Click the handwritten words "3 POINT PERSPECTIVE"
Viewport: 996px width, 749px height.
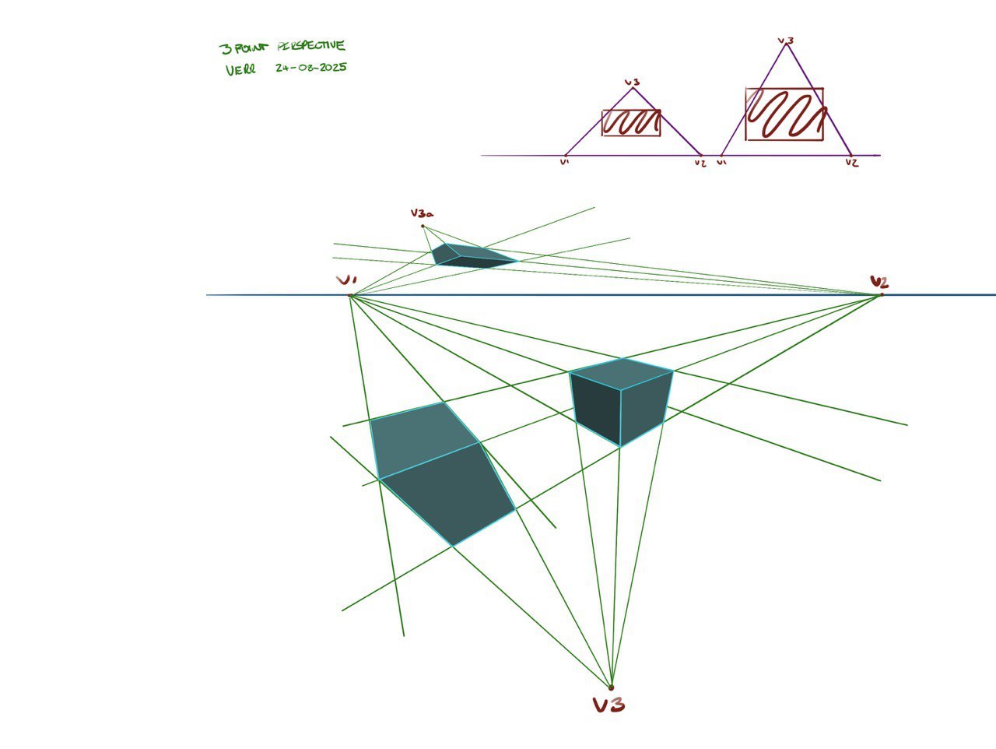click(282, 47)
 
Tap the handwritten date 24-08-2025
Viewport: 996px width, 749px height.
click(310, 68)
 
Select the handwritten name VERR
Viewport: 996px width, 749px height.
click(240, 70)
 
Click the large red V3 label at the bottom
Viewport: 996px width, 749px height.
click(608, 705)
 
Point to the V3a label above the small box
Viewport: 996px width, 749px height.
click(422, 213)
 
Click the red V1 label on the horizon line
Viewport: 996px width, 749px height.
click(346, 280)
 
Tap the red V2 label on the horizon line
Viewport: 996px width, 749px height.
click(879, 282)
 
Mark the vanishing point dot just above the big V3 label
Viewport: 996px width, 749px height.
click(611, 687)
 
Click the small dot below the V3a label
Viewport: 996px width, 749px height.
click(423, 227)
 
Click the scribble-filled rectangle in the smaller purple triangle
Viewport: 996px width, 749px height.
click(631, 123)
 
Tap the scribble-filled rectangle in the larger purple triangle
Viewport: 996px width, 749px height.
click(784, 114)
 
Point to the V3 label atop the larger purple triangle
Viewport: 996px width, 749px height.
click(786, 40)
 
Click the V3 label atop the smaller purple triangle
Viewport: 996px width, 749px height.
click(632, 82)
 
